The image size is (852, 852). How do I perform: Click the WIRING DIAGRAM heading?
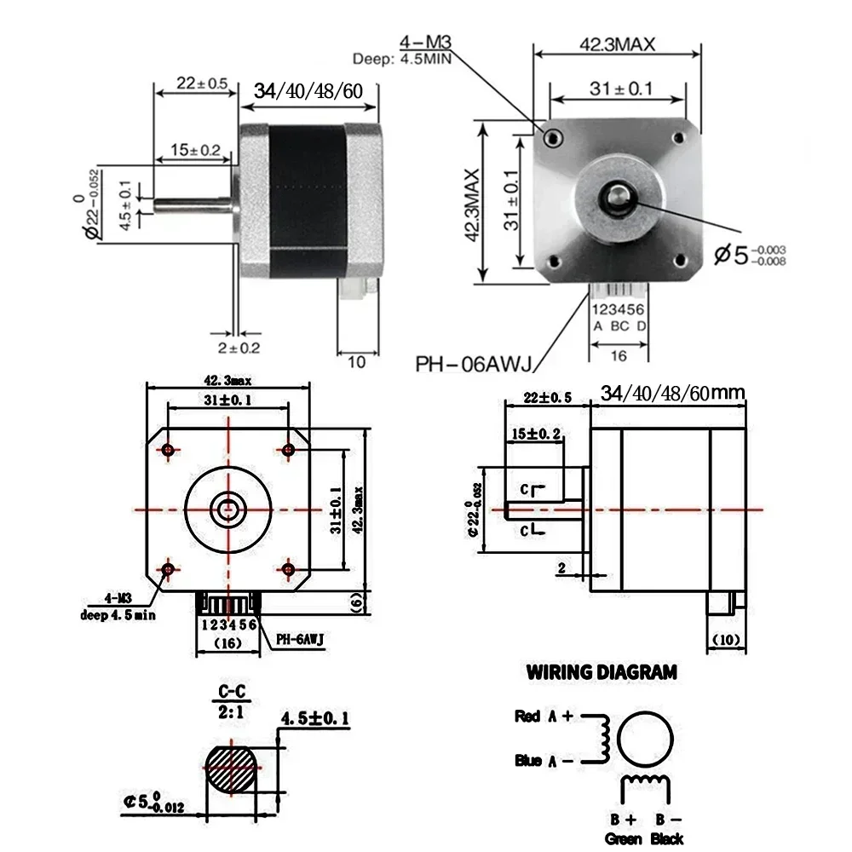click(x=602, y=672)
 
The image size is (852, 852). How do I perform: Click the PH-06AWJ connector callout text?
click(x=473, y=365)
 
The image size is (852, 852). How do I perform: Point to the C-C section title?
click(x=226, y=691)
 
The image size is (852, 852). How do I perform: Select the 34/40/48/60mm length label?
click(x=672, y=393)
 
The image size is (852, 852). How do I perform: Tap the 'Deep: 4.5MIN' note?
click(x=401, y=59)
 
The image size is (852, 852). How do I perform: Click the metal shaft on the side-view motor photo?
click(x=192, y=206)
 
